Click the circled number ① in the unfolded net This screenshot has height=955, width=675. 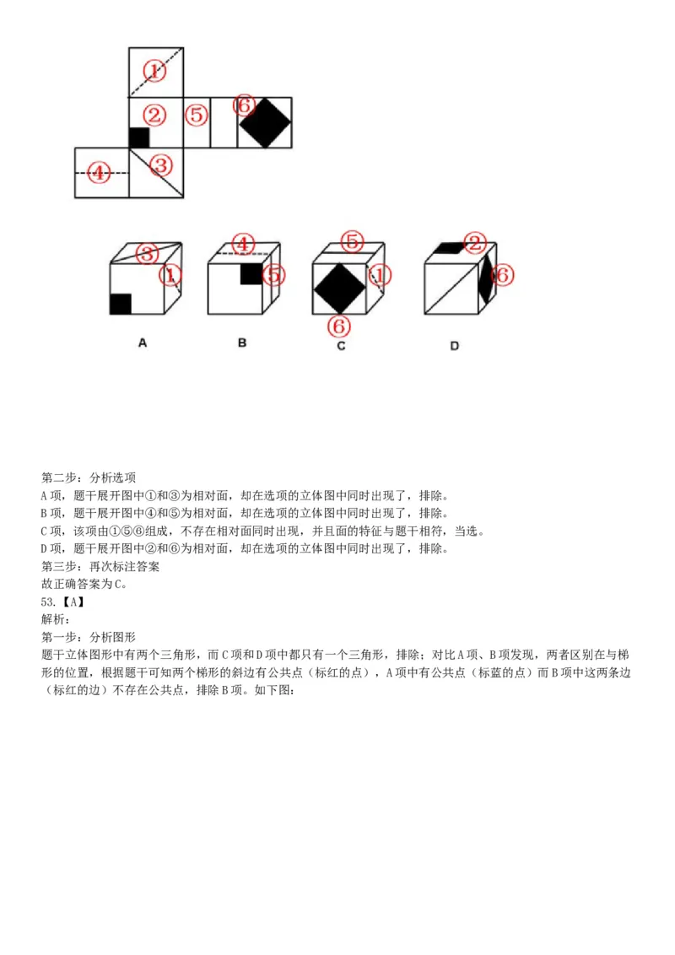154,70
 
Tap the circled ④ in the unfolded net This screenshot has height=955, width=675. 100,173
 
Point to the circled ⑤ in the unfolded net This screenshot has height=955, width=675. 197,115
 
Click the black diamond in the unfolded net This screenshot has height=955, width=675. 265,123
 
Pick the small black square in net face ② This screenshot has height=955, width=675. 139,138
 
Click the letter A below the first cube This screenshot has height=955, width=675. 143,343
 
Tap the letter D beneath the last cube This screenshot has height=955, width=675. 454,345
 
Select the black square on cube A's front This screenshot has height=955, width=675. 121,304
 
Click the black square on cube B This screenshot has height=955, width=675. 251,274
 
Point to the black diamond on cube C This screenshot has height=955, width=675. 340,289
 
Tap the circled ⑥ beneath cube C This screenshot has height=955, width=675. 339,325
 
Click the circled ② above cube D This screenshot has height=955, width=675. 475,244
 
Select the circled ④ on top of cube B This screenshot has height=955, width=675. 243,244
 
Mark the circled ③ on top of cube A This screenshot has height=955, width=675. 146,253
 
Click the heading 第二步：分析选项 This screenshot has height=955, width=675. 89,477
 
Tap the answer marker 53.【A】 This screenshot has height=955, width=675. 63,602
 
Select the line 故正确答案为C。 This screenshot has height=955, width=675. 84,584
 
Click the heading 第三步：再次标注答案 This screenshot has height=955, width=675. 100,566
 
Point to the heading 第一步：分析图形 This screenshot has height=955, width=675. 89,637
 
